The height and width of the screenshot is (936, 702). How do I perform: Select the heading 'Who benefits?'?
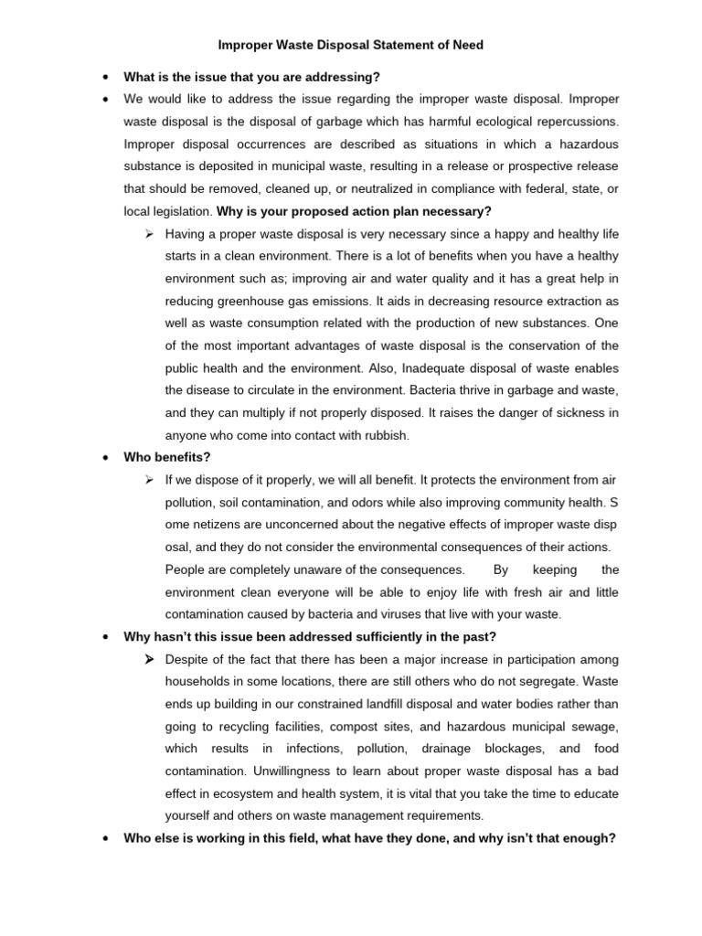coord(167,456)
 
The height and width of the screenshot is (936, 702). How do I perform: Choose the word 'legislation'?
coord(180,211)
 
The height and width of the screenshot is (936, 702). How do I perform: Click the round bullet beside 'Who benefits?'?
coord(107,457)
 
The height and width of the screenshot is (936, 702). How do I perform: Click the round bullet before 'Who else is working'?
coord(107,837)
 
